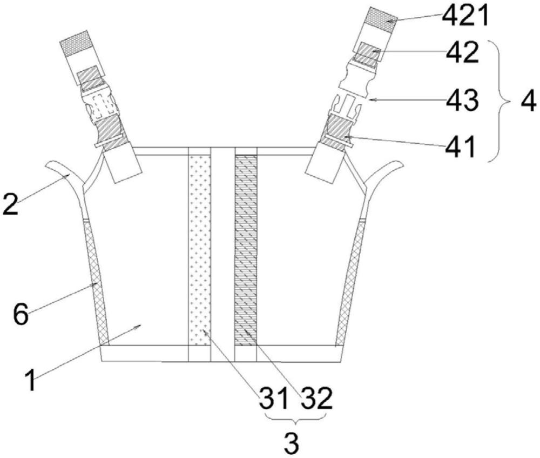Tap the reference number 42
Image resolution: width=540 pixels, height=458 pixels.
[463, 52]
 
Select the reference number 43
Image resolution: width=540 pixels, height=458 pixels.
[463, 100]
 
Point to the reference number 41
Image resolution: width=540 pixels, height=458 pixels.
[461, 147]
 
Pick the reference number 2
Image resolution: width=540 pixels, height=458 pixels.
[11, 204]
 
